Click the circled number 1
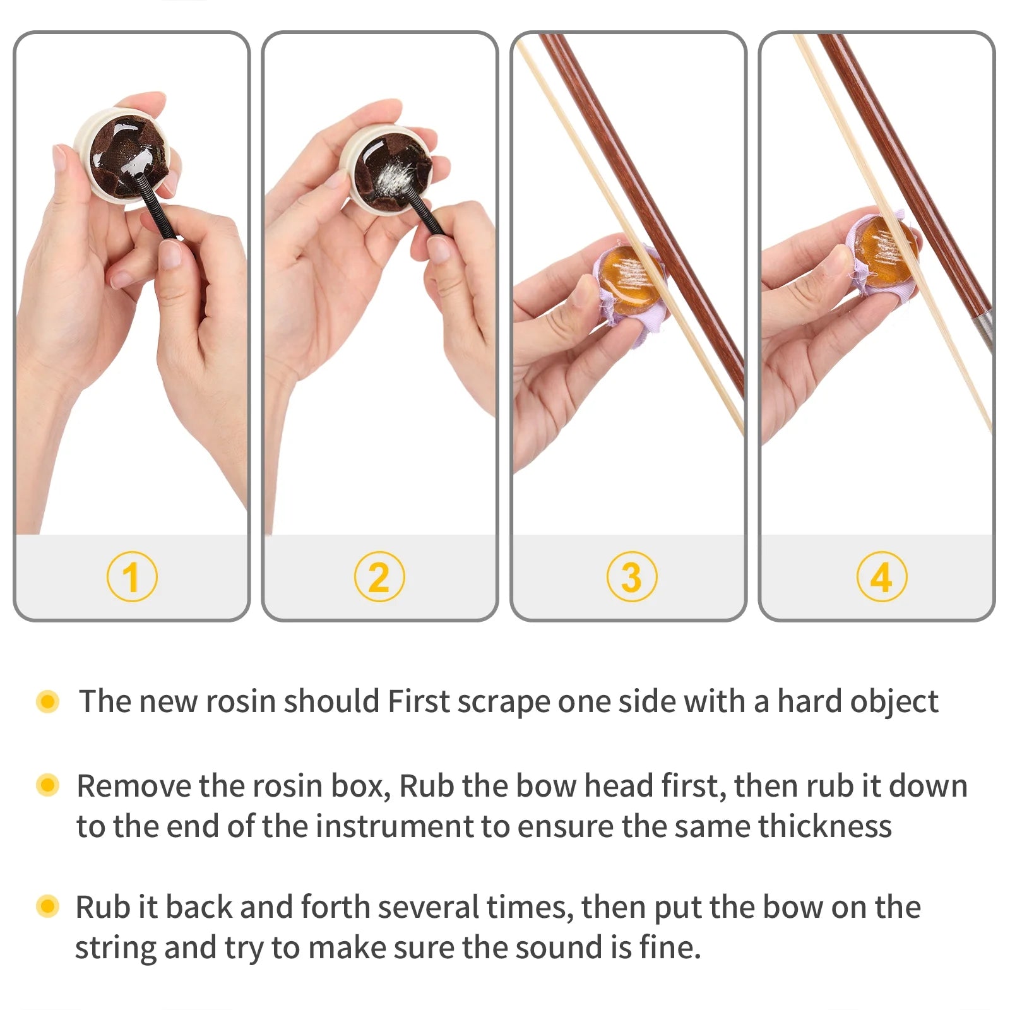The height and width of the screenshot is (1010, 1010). [132, 576]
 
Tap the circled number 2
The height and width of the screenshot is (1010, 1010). [379, 576]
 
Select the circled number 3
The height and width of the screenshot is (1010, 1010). [632, 576]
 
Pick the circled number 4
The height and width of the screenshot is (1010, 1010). [882, 576]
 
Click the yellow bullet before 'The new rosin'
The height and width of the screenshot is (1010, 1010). [48, 701]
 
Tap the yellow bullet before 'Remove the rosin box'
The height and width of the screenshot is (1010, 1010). [48, 785]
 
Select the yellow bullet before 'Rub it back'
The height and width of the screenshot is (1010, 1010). [48, 906]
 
